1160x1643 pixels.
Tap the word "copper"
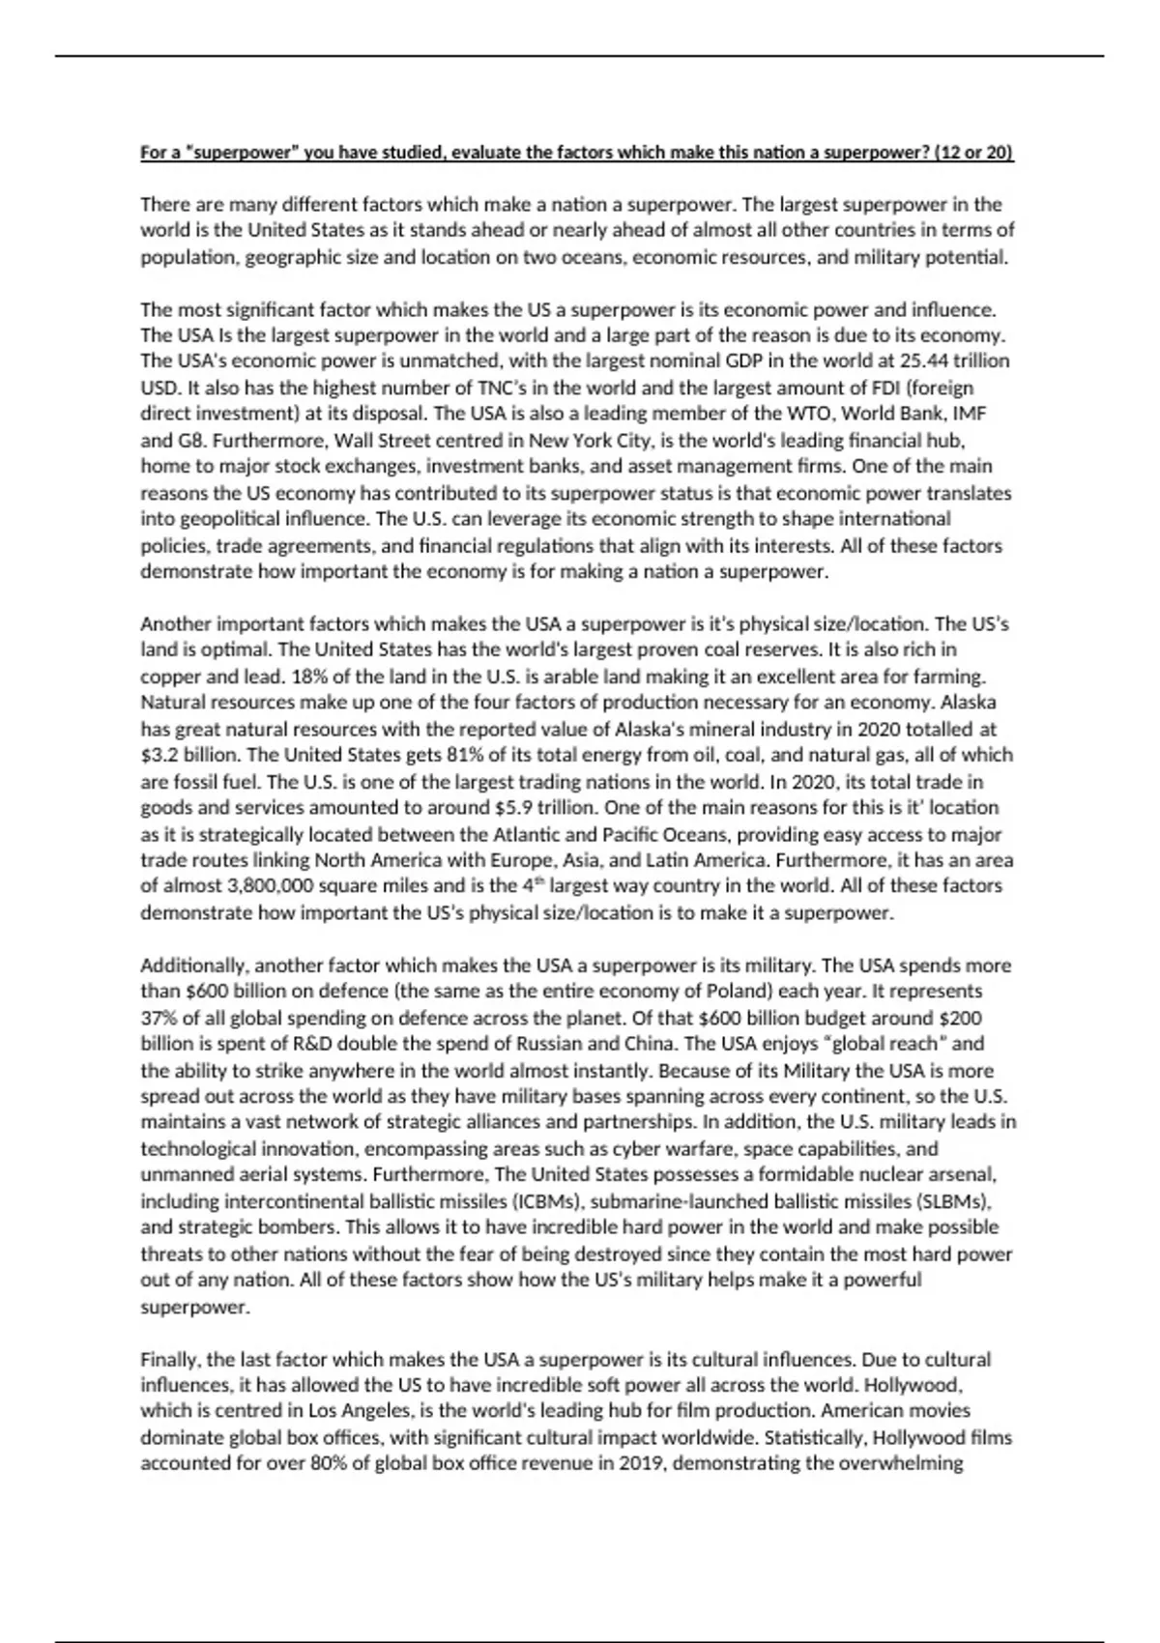coord(168,676)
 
